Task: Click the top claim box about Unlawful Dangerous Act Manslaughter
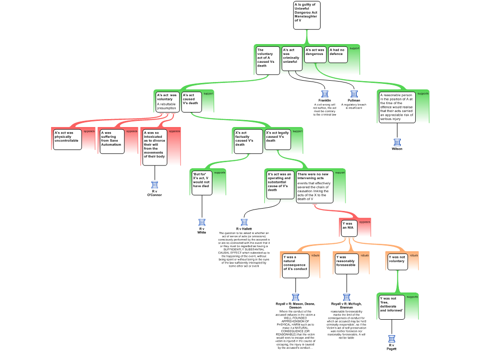(307, 15)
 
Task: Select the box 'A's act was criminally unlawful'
(292, 59)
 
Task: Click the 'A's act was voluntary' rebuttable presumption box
(167, 102)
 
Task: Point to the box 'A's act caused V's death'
(191, 102)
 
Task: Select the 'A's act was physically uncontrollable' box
(67, 139)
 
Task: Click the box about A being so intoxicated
(154, 147)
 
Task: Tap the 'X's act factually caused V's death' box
(248, 141)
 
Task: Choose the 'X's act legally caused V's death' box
(277, 139)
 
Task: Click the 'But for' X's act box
(201, 182)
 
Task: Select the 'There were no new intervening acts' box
(315, 187)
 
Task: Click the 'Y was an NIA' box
(349, 228)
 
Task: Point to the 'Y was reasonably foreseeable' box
(346, 263)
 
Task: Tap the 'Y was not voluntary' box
(397, 262)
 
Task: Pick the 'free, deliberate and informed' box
(391, 307)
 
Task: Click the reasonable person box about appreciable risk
(397, 107)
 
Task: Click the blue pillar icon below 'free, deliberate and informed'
(392, 339)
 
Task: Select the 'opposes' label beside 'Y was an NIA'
(364, 222)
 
